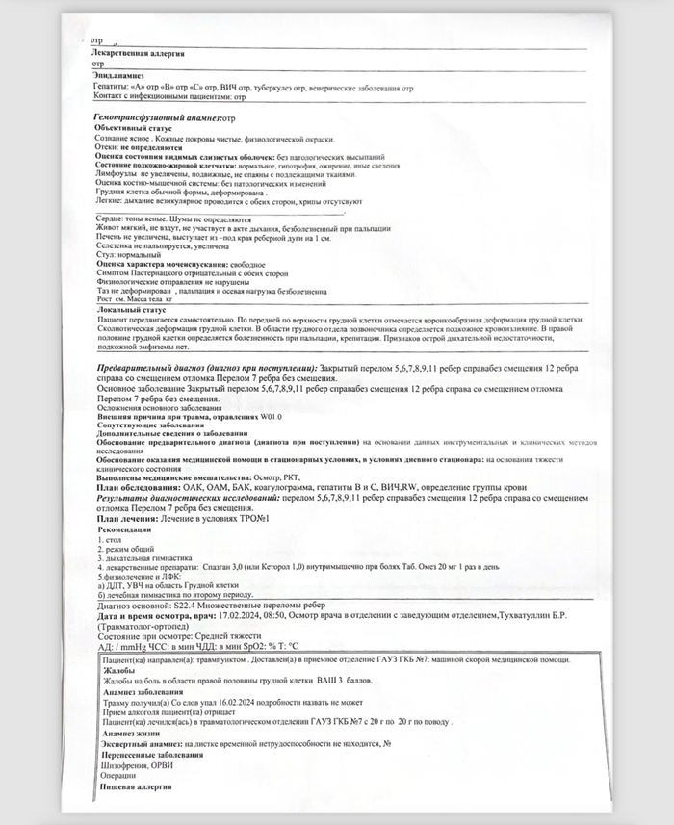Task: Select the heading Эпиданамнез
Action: tap(118, 75)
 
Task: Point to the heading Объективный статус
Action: tap(132, 127)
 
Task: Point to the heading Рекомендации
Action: tap(126, 529)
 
